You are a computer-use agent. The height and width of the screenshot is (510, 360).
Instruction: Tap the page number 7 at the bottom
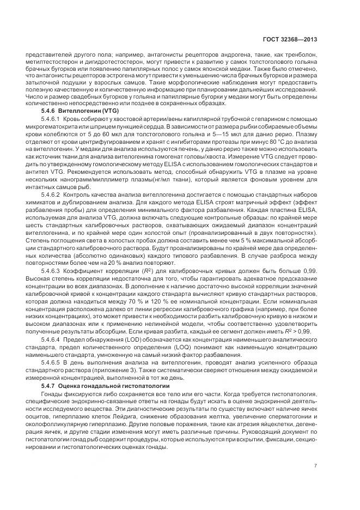click(x=316, y=465)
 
